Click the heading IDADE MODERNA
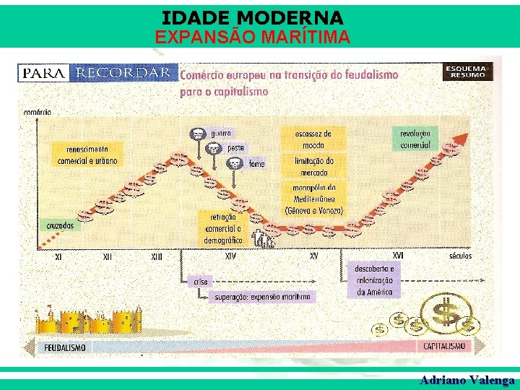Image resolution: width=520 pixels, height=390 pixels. coord(253,17)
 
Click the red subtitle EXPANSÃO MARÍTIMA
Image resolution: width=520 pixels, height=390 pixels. coord(253,37)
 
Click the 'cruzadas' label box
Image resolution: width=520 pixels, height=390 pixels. coord(60,225)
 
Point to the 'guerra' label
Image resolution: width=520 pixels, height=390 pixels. coord(221,134)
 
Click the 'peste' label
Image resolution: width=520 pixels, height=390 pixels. coord(236,148)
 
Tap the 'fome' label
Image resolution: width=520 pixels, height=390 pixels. coord(256,164)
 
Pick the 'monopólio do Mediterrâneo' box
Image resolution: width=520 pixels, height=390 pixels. coord(318,199)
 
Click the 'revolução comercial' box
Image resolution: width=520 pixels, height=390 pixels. coord(415,139)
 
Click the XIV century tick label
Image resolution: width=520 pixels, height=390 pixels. coord(230,256)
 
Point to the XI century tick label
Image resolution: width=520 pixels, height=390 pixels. coord(58,256)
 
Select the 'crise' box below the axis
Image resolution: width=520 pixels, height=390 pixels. coord(200,281)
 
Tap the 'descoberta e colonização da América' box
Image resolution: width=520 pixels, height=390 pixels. coord(373,280)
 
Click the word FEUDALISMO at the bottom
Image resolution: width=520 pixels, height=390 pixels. coord(65,347)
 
